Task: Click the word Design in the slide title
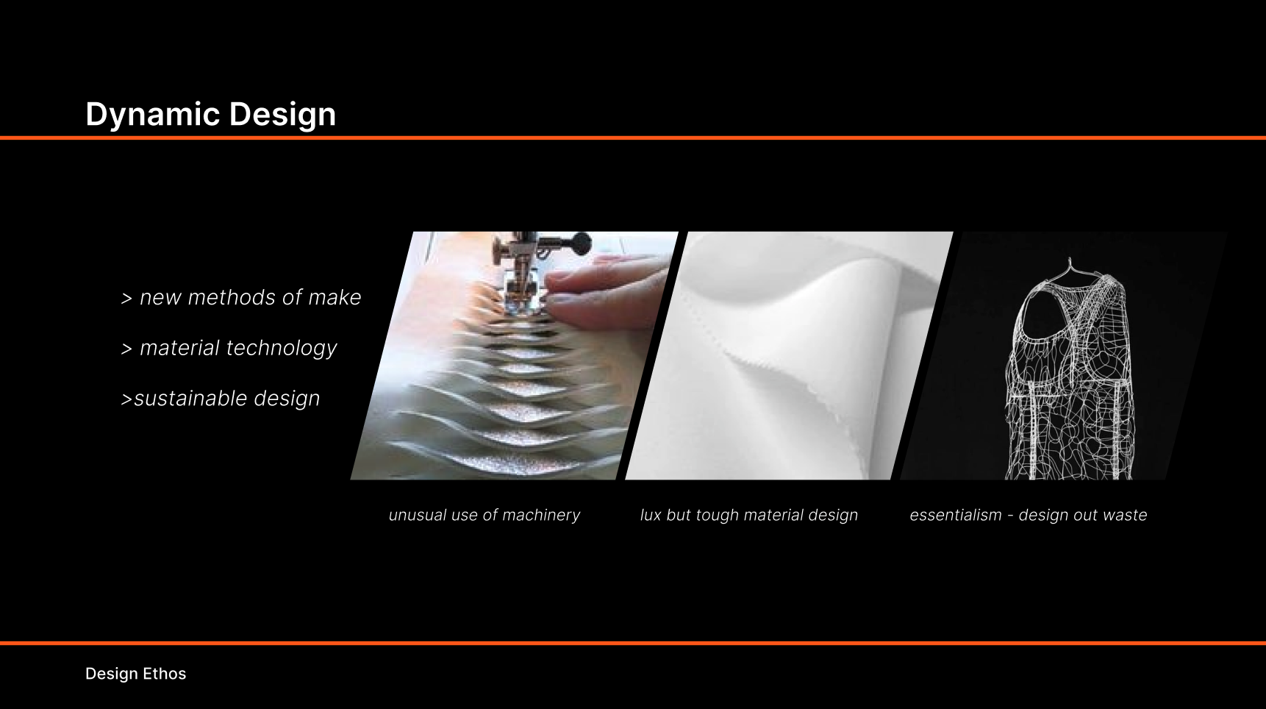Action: pos(282,115)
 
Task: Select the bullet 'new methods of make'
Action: pos(241,297)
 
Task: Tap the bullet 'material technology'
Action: pos(229,348)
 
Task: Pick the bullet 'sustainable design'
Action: pos(221,398)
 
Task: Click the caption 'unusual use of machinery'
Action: pos(484,515)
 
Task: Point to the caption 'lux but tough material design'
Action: pos(748,515)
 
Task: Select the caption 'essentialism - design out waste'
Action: pos(1028,515)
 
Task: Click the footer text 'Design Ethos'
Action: pos(135,674)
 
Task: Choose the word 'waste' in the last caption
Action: pos(1125,515)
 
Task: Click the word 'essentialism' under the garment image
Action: pos(955,515)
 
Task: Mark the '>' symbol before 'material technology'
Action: pos(126,349)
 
